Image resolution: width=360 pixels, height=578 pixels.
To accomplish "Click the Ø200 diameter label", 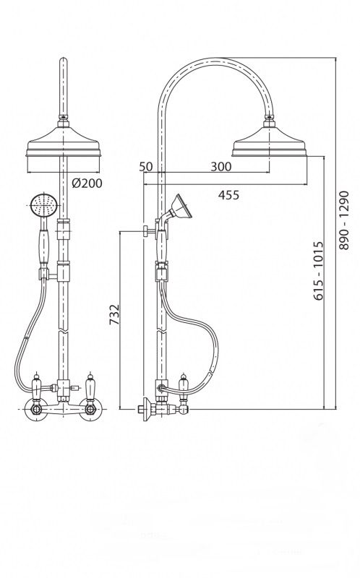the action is (87, 184).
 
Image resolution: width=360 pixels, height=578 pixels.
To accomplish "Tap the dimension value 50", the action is (146, 166).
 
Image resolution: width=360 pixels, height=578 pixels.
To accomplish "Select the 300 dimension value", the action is (221, 167).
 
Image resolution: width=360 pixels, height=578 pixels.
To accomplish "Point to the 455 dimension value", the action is (228, 194).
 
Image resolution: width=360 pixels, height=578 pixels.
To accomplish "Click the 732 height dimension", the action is (115, 314).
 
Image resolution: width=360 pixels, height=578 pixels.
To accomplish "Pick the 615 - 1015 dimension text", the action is (319, 271).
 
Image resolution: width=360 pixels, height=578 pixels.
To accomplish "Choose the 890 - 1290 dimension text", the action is (344, 220).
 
